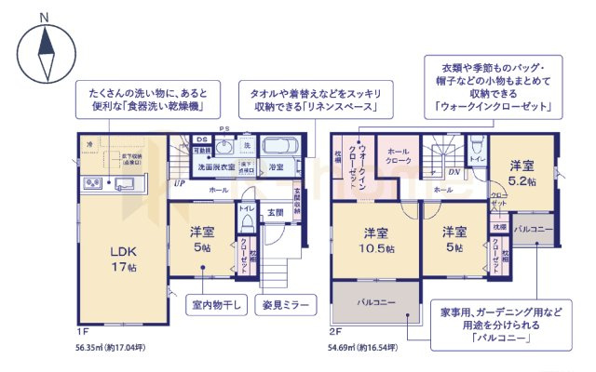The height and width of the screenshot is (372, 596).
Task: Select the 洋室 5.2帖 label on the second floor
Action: [x=521, y=174]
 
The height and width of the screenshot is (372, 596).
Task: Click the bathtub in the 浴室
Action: [x=278, y=147]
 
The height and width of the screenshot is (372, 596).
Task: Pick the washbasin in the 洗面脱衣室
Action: [x=224, y=149]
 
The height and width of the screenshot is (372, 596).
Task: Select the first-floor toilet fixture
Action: [x=247, y=224]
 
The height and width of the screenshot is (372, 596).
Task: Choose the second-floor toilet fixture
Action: [x=475, y=145]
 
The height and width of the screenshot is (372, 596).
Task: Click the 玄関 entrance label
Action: [x=276, y=213]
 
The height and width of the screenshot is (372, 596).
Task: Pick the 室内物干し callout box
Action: [x=216, y=304]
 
